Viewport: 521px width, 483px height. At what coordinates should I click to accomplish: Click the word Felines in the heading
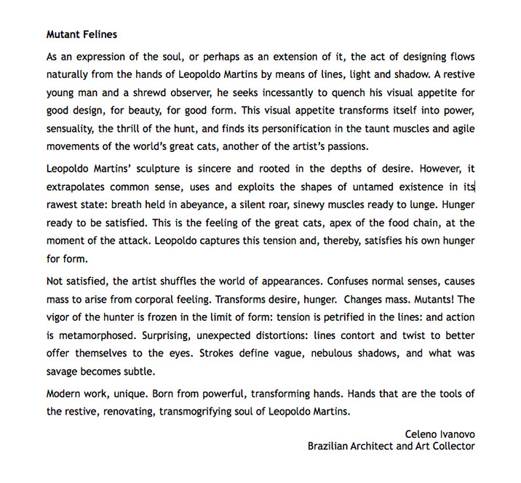coord(99,33)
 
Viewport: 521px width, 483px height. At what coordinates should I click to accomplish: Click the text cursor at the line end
coord(474,187)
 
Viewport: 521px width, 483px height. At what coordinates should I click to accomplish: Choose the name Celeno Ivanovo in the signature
coord(440,434)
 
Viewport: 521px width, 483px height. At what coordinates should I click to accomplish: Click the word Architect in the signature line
coord(377,446)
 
